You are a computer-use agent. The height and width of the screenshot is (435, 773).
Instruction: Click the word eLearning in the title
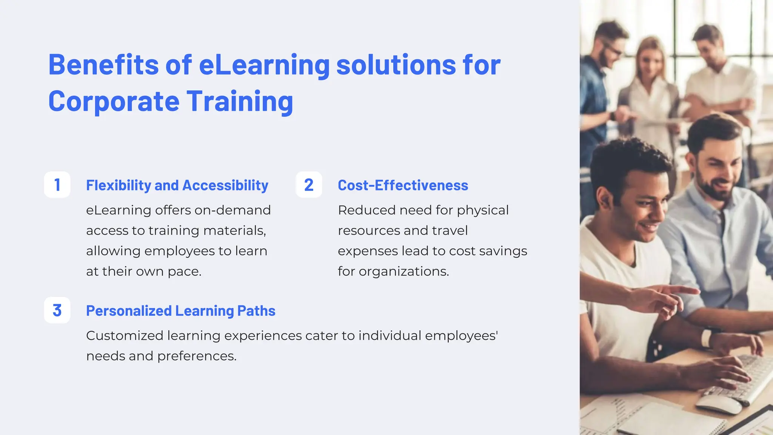point(264,65)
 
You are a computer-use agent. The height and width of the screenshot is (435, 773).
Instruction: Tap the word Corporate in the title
point(114,101)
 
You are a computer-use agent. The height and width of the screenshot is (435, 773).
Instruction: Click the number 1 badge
point(57,185)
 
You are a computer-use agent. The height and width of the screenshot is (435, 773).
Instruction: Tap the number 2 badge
point(309,185)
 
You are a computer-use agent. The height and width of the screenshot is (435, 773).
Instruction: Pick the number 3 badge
point(57,310)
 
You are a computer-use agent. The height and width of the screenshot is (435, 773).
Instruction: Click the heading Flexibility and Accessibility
point(177,185)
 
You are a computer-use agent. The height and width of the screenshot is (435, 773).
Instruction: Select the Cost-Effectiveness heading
point(403,185)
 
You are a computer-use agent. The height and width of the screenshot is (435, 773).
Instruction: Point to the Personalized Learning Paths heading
point(180,311)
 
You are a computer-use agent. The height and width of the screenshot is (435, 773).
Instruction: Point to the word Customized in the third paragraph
point(125,335)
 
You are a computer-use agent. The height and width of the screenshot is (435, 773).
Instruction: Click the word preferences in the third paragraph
point(196,356)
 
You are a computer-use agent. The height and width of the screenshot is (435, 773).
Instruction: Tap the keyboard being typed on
point(740,378)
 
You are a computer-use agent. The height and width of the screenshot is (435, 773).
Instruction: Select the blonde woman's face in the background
point(650,60)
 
